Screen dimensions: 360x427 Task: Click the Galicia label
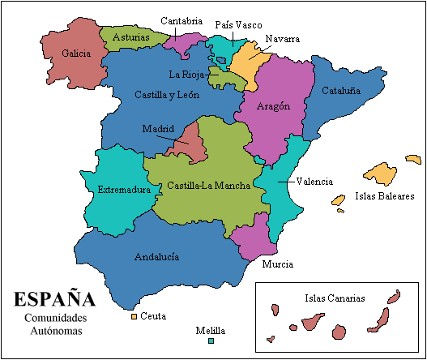[x=75, y=54]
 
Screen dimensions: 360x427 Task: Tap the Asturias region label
[x=130, y=37]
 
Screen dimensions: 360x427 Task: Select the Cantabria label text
[x=181, y=21]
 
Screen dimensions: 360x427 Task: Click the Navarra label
[x=283, y=39]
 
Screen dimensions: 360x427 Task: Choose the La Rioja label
[x=186, y=74]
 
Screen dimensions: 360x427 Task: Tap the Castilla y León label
[x=168, y=95]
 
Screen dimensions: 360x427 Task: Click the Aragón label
[x=273, y=106]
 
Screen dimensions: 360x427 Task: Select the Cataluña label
[x=341, y=91]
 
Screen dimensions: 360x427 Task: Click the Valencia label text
[x=314, y=182]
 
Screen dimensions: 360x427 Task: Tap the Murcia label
[x=278, y=264]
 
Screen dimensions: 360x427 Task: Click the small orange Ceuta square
[x=134, y=315]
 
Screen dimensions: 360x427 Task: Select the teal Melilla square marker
[x=211, y=341]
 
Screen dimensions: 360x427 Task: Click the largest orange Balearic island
[x=380, y=172]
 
